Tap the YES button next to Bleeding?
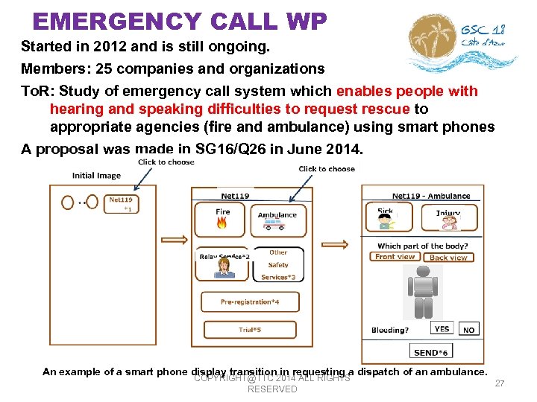click(x=442, y=328)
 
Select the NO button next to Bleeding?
click(x=468, y=329)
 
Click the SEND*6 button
click(x=430, y=352)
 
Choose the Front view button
click(x=395, y=257)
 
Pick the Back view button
click(x=448, y=258)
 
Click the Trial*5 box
click(x=249, y=329)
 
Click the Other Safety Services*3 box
click(x=277, y=264)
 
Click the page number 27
click(x=500, y=383)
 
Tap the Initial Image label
click(x=96, y=176)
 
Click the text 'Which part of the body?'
click(x=422, y=246)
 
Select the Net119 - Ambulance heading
click(x=430, y=196)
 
